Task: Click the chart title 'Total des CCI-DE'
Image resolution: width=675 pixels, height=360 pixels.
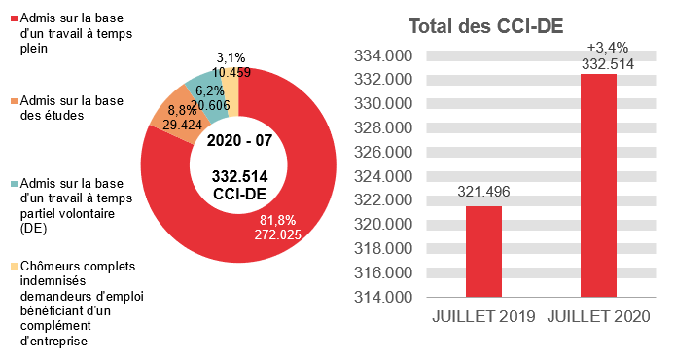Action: pos(485,27)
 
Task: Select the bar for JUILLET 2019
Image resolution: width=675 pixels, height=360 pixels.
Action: pos(483,251)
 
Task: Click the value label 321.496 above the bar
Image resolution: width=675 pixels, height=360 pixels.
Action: pos(483,192)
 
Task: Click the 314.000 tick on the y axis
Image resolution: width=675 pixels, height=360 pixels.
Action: pos(380,297)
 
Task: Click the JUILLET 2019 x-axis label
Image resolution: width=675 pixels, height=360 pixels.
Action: pos(483,317)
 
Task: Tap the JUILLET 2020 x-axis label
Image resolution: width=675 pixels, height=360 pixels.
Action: pos(598,317)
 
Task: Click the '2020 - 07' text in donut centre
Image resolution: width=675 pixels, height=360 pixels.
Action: pos(239,141)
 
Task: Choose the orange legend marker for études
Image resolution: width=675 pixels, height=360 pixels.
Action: pos(14,101)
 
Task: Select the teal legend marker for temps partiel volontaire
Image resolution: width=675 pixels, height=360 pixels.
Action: pos(14,183)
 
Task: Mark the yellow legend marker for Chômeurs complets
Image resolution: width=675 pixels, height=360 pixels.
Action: pos(14,266)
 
